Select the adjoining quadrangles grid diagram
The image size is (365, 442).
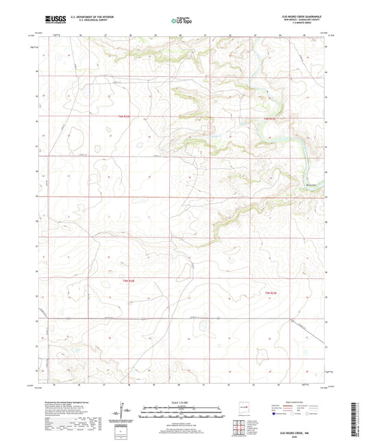coord(239,426)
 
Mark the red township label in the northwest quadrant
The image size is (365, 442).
coord(122,117)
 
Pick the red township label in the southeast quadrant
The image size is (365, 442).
coord(271,293)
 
